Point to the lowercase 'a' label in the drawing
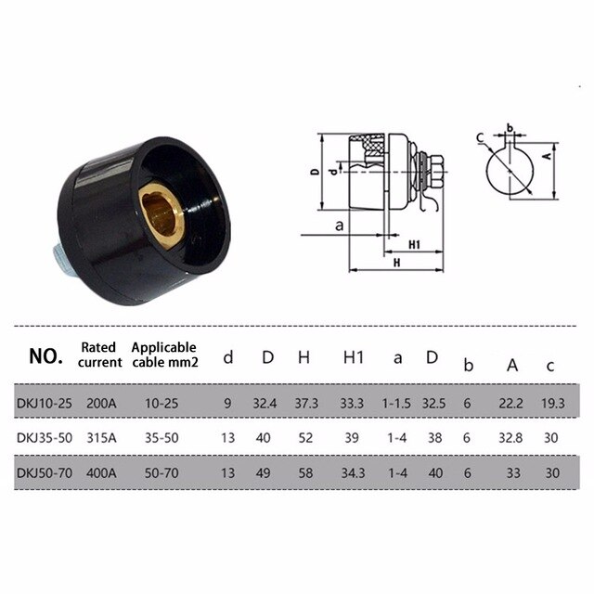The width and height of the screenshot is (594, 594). tap(340, 226)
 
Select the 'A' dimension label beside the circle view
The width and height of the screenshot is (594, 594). tap(547, 158)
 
